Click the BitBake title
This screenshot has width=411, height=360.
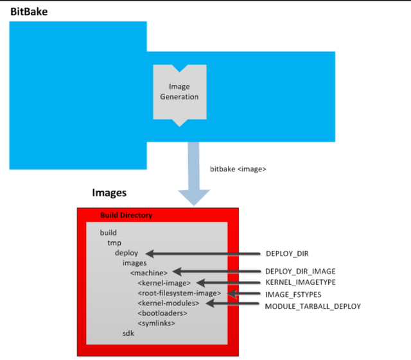[x=29, y=11]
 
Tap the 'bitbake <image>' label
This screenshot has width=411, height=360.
[x=238, y=169]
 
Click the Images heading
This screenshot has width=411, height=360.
[x=109, y=193]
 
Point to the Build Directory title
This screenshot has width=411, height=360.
[x=126, y=215]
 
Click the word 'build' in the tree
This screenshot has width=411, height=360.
[x=109, y=233]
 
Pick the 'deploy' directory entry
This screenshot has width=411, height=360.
[x=126, y=253]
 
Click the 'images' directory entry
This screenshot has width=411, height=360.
[x=134, y=262]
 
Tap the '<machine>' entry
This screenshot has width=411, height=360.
[x=148, y=273]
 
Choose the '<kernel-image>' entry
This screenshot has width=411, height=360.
[x=164, y=283]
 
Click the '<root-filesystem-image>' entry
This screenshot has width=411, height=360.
[x=179, y=293]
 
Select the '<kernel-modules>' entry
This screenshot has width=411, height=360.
[x=168, y=303]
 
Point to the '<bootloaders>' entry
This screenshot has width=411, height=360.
[x=162, y=313]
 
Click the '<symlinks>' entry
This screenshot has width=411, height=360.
[x=156, y=323]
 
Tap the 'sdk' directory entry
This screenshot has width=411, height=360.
[x=128, y=334]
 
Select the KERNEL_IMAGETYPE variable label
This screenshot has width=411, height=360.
[x=300, y=283]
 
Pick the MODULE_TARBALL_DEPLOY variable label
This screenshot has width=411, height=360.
[x=313, y=307]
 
